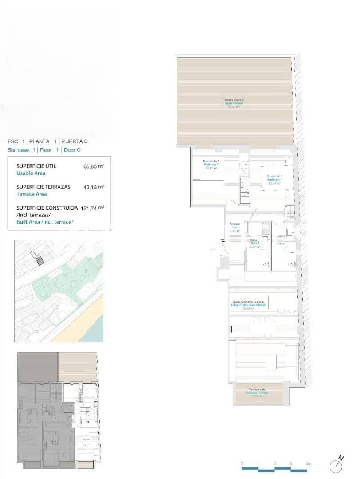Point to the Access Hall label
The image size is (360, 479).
click(234, 227)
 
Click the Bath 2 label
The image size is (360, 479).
click(255, 243)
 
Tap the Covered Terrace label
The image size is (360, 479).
click(258, 393)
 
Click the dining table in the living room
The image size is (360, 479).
click(262, 327)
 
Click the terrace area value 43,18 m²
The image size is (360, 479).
click(94, 187)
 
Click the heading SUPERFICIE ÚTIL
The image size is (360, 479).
click(36, 166)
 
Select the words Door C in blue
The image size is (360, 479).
click(72, 150)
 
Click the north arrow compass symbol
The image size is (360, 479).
click(336, 465)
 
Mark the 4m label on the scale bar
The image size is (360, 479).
click(308, 463)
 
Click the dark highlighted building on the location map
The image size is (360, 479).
click(40, 262)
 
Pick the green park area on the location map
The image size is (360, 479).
click(62, 284)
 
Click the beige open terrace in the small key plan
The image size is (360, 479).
click(78, 366)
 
